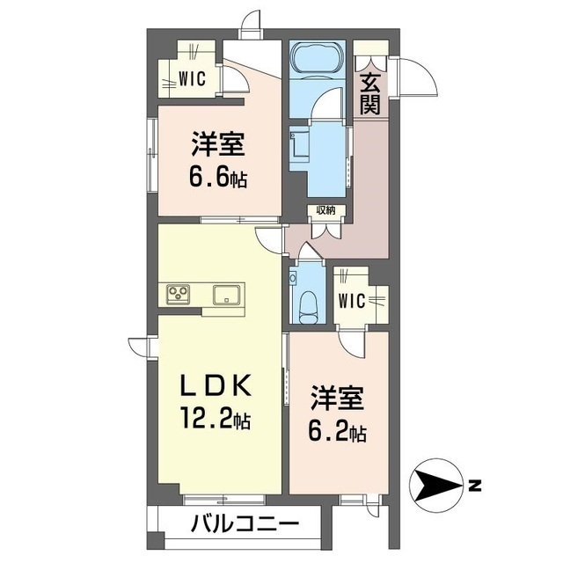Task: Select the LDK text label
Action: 217,386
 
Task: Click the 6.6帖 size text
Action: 217,176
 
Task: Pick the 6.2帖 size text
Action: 337,431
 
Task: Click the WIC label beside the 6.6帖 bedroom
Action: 192,78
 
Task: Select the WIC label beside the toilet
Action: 353,299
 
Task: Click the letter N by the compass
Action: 475,485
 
